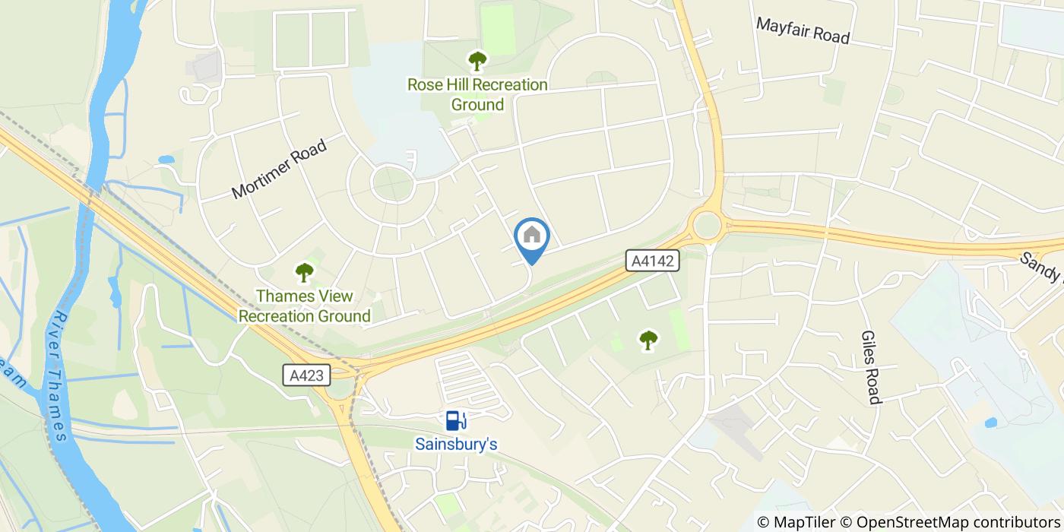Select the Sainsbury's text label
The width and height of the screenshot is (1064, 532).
pyautogui.click(x=456, y=443)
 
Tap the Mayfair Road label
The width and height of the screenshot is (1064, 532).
pyautogui.click(x=802, y=30)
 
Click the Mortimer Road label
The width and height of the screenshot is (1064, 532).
pyautogui.click(x=279, y=169)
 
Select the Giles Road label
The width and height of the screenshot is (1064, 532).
pyautogui.click(x=870, y=367)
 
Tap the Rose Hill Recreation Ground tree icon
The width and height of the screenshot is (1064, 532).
pyautogui.click(x=477, y=60)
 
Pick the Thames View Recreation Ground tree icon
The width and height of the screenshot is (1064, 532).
pyautogui.click(x=305, y=271)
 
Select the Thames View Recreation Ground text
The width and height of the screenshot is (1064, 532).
pyautogui.click(x=305, y=306)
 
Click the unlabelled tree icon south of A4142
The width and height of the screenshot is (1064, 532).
pyautogui.click(x=648, y=340)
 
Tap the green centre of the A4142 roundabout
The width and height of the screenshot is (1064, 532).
pyautogui.click(x=707, y=224)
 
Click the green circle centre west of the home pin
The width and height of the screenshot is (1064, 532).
pyautogui.click(x=393, y=183)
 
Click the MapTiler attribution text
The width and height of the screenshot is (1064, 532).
pyautogui.click(x=795, y=522)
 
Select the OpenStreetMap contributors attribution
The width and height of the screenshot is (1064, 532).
pyautogui.click(x=950, y=522)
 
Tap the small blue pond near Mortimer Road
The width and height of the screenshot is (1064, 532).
pyautogui.click(x=166, y=160)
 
